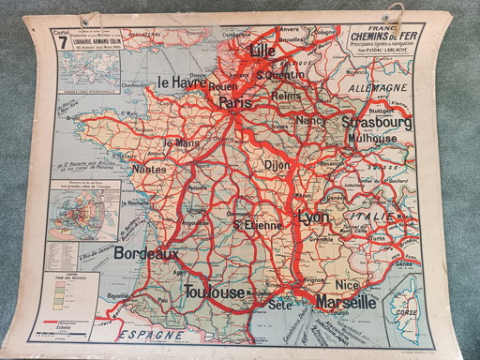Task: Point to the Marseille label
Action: click(x=345, y=302)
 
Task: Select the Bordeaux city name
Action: click(x=145, y=253)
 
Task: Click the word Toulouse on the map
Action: click(x=214, y=292)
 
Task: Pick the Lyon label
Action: click(x=314, y=217)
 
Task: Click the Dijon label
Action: click(x=277, y=164)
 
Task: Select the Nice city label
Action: click(x=347, y=284)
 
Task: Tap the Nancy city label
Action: click(x=309, y=120)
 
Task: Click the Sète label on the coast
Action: click(x=278, y=305)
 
